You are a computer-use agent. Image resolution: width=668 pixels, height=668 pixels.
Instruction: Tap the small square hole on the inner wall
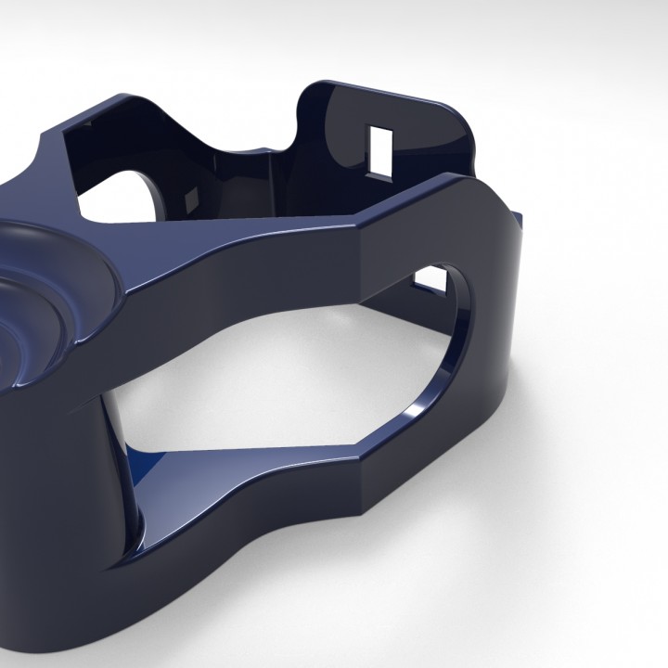click(x=192, y=197)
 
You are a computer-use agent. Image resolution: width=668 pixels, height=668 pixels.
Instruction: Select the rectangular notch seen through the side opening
click(x=429, y=276)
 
